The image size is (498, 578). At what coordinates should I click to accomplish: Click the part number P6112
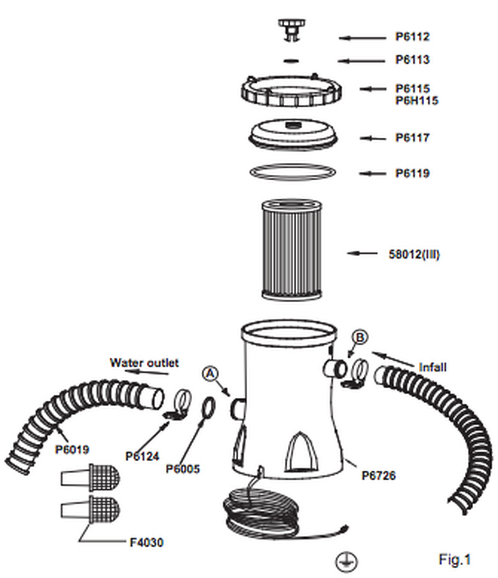pyautogui.click(x=412, y=37)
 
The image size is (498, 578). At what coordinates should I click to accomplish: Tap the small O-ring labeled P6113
pyautogui.click(x=290, y=61)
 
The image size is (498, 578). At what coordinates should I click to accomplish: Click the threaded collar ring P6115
pyautogui.click(x=290, y=93)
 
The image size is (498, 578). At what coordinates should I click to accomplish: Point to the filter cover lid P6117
pyautogui.click(x=291, y=134)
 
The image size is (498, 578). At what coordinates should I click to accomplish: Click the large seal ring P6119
pyautogui.click(x=291, y=172)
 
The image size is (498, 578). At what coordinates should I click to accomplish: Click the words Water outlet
pyautogui.click(x=144, y=363)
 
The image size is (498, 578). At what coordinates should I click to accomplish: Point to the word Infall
pyautogui.click(x=432, y=367)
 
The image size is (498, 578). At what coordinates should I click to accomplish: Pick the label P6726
pyautogui.click(x=379, y=475)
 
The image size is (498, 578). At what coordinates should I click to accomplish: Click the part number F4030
pyautogui.click(x=145, y=543)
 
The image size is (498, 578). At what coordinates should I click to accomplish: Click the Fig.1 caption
pyautogui.click(x=454, y=559)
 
